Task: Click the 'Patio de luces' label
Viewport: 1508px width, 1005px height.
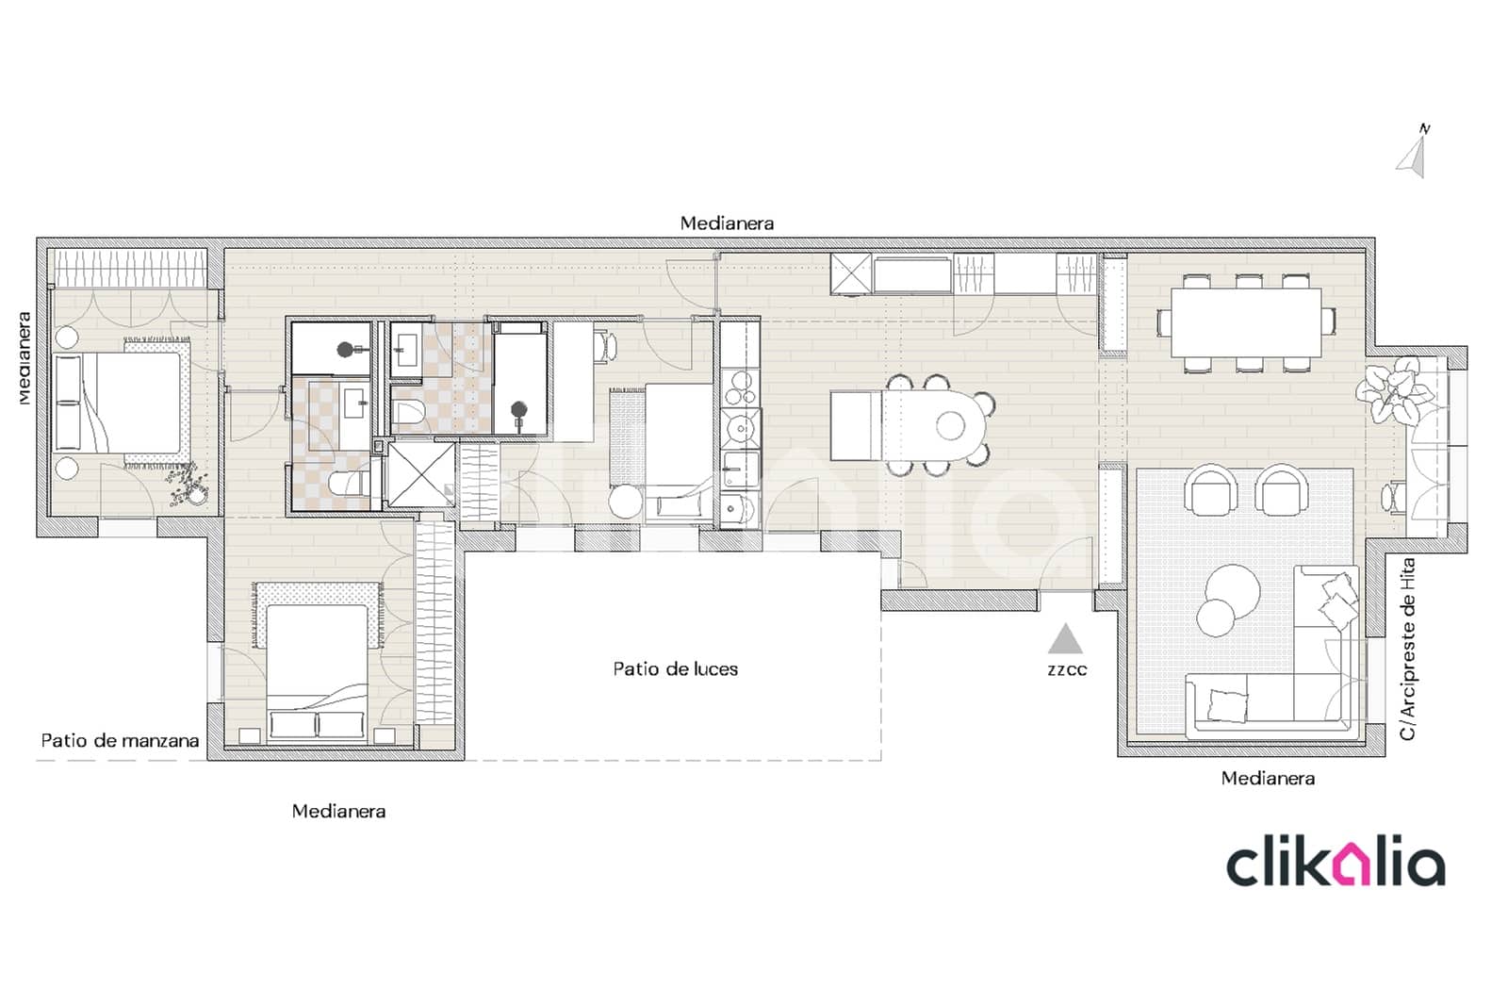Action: [x=675, y=669]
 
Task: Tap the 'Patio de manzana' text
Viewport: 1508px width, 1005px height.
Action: [x=120, y=741]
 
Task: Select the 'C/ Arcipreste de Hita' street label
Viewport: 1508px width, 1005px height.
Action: [x=1407, y=649]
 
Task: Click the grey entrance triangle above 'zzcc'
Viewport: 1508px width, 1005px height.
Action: [x=1066, y=640]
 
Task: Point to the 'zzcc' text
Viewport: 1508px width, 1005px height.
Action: [x=1067, y=670]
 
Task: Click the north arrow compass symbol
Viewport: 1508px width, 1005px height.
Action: [x=1413, y=154]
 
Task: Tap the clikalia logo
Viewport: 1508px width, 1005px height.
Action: [x=1335, y=865]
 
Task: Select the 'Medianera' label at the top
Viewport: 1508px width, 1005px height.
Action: [x=727, y=223]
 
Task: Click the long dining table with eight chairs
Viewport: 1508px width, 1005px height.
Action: [x=1245, y=322]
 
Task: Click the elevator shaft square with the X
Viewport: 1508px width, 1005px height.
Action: [x=421, y=474]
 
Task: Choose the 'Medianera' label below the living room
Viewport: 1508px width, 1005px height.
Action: [x=1268, y=779]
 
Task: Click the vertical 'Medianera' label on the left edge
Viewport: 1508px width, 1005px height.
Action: [x=25, y=358]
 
